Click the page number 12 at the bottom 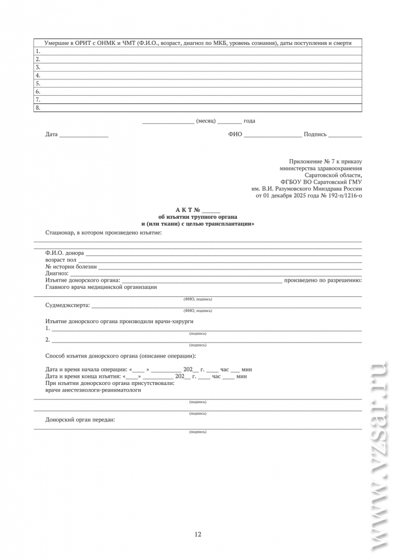(x=198, y=534)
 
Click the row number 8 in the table (x=37, y=108)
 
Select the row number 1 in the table (x=37, y=51)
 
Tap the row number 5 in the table (x=37, y=83)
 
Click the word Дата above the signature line (x=51, y=135)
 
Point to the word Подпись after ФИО (x=315, y=135)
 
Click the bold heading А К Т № (x=188, y=209)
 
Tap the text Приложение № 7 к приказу (x=325, y=161)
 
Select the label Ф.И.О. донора (x=64, y=253)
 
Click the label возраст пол (x=61, y=260)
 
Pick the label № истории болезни (x=71, y=267)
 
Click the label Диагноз (x=57, y=274)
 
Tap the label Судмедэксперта (x=67, y=305)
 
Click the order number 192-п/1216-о (x=341, y=196)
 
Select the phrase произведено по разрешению (x=323, y=281)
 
